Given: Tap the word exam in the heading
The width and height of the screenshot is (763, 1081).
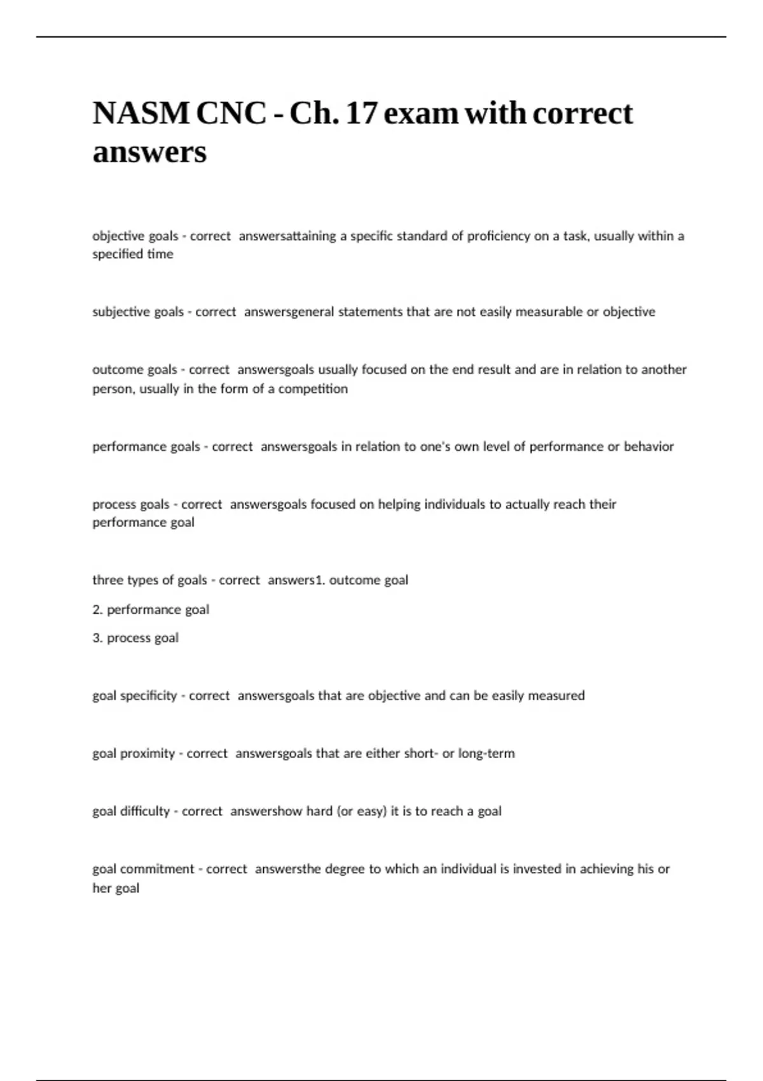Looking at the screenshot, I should coord(420,114).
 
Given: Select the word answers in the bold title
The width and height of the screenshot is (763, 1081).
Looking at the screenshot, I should coord(149,152).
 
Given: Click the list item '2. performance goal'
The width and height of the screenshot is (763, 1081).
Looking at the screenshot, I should coord(151,609).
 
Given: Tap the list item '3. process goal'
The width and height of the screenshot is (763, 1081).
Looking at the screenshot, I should coord(135,638).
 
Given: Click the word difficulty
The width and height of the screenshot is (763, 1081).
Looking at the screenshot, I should coord(144,811).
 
